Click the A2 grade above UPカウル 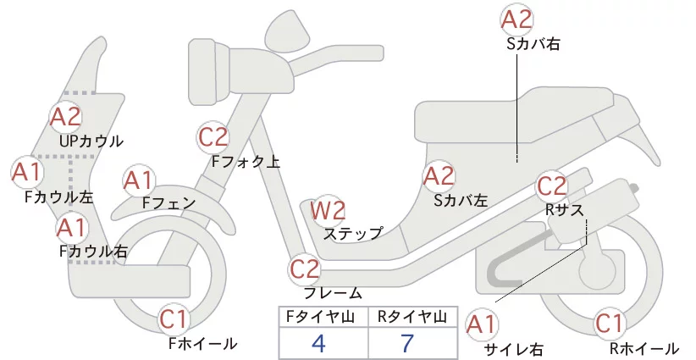(66, 117)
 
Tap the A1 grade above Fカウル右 (71, 228)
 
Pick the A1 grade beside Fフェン (138, 181)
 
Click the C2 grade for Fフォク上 (213, 137)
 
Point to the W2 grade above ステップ (328, 210)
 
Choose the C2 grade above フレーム (305, 269)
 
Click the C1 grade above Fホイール (174, 319)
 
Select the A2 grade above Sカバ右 (516, 20)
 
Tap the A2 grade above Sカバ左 (439, 177)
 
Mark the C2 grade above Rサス (552, 186)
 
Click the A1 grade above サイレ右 (481, 325)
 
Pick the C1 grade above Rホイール (609, 324)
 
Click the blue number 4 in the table (318, 343)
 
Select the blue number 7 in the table (407, 343)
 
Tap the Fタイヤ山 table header (320, 317)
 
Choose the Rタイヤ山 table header (412, 317)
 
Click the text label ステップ (353, 234)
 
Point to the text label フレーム (333, 293)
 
